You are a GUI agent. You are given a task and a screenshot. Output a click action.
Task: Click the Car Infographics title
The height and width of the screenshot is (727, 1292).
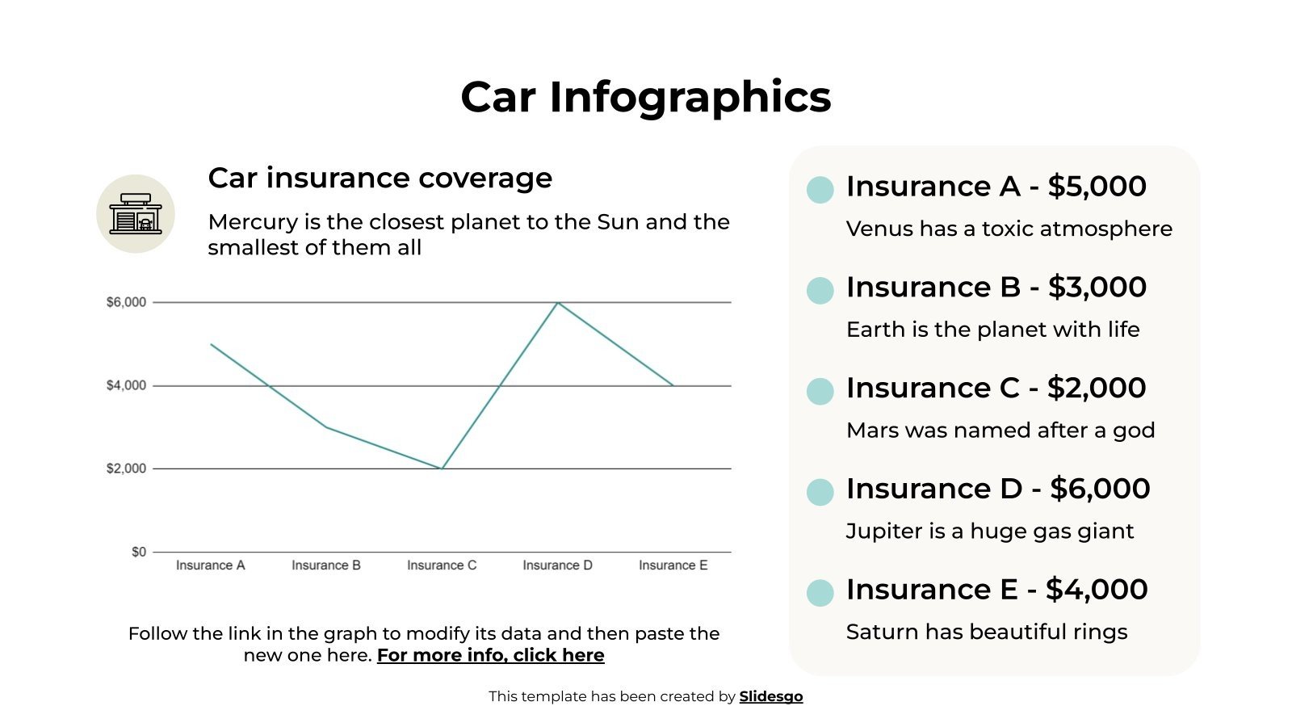(x=645, y=97)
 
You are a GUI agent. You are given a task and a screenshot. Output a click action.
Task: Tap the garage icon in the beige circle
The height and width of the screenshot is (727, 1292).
(x=136, y=214)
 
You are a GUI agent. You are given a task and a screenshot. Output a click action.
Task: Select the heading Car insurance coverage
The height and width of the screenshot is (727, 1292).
(x=380, y=178)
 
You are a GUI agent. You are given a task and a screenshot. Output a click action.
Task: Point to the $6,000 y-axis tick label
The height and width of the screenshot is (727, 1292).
(x=126, y=302)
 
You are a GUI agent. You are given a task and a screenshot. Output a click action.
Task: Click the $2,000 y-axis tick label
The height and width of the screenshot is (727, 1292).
(x=126, y=469)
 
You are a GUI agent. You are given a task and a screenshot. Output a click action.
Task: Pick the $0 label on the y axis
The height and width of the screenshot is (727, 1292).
(x=139, y=552)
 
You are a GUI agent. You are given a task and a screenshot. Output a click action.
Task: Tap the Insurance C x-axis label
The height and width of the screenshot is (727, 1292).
(x=442, y=565)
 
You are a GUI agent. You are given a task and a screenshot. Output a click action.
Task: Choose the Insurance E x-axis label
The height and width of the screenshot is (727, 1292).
(x=673, y=565)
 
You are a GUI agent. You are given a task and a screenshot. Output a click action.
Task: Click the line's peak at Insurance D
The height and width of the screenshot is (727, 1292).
(x=557, y=303)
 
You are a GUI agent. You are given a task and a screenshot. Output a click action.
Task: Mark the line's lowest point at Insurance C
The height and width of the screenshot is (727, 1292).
(x=442, y=469)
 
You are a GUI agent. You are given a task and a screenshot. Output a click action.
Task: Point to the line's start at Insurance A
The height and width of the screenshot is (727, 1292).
(x=211, y=344)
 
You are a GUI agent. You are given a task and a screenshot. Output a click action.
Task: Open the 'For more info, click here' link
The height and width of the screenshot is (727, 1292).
(x=490, y=655)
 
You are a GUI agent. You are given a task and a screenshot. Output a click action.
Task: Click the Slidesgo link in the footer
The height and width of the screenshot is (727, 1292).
(x=771, y=696)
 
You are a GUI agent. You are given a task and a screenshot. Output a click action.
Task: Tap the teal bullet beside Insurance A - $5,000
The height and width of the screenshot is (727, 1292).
(x=820, y=190)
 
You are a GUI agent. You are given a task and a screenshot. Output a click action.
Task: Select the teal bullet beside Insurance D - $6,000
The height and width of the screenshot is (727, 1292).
(x=820, y=492)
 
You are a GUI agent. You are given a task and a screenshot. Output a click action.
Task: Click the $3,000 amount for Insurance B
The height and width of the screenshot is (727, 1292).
(x=1097, y=287)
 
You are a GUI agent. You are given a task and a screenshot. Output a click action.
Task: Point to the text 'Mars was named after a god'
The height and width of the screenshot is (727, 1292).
(x=1000, y=430)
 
